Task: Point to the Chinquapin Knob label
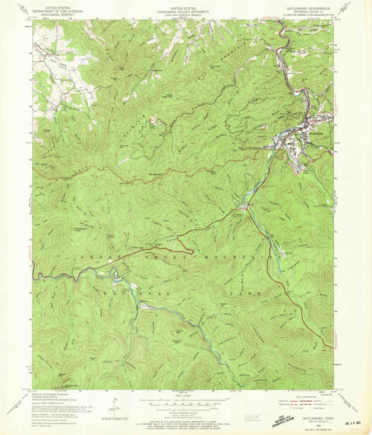pyautogui.click(x=78, y=229)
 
